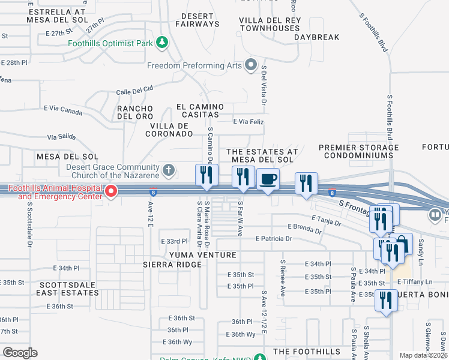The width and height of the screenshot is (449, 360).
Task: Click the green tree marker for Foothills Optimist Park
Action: [161, 42]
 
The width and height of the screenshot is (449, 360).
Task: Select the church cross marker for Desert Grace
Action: [169, 170]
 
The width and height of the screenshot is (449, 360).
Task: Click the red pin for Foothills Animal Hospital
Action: [111, 191]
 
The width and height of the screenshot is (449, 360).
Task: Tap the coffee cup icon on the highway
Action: [268, 179]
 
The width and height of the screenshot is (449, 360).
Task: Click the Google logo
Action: [20, 352]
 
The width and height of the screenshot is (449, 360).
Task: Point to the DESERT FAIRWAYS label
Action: [197, 19]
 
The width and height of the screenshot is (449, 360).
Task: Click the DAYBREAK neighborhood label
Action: [317, 37]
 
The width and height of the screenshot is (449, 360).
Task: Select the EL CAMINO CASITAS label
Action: [200, 110]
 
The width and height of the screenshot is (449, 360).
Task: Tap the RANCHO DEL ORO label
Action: [135, 112]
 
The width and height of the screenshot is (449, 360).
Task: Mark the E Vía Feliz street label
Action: [248, 121]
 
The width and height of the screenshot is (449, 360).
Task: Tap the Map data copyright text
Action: [424, 355]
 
